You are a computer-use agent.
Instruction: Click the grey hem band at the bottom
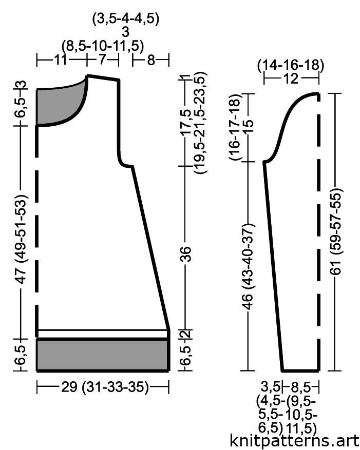[102, 355]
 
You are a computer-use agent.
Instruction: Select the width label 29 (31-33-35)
[105, 387]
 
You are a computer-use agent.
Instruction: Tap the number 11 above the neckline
[60, 60]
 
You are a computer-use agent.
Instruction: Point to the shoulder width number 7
[102, 60]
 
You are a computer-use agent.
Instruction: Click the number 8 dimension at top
[151, 60]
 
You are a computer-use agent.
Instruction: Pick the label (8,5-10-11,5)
[103, 46]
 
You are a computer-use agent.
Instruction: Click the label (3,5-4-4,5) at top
[125, 19]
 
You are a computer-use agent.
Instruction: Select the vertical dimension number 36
[186, 253]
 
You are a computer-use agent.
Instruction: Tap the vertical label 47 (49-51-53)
[21, 239]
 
